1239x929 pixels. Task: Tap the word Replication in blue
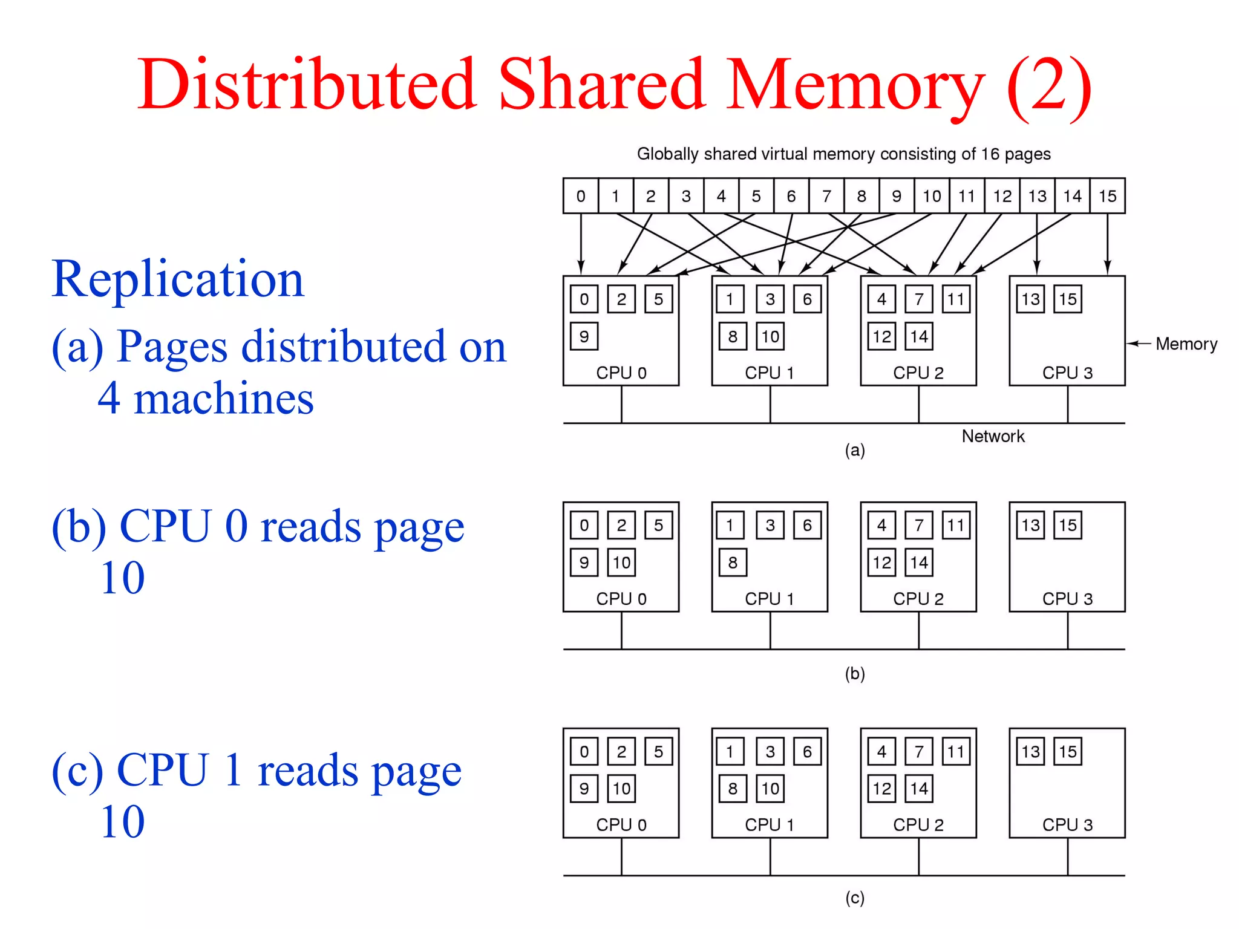178,279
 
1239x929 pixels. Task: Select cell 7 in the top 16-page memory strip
826,196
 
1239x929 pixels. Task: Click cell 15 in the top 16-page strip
1107,196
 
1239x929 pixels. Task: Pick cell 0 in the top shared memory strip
581,196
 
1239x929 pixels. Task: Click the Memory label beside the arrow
1186,344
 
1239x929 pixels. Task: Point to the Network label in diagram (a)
993,436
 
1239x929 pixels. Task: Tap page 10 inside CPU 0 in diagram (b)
621,562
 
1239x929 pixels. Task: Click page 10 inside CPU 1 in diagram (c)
770,789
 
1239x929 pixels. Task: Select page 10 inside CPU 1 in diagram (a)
770,336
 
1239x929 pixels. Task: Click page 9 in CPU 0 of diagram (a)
584,336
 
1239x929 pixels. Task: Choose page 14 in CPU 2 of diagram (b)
919,562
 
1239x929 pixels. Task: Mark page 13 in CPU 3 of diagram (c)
1030,752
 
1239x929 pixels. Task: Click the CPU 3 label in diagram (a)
1067,373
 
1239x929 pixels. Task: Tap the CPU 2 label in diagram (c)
918,825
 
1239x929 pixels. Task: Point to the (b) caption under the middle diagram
855,673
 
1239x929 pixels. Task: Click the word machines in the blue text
223,399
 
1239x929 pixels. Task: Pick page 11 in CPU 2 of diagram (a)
956,299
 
